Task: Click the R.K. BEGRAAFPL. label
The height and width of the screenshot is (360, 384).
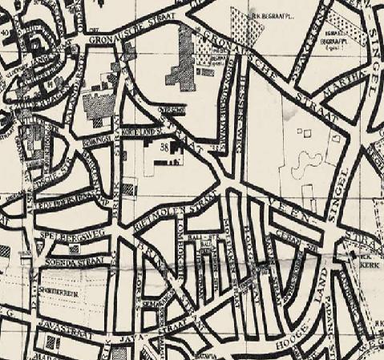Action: (269, 14)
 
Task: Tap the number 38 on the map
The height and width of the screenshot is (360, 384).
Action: (164, 147)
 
